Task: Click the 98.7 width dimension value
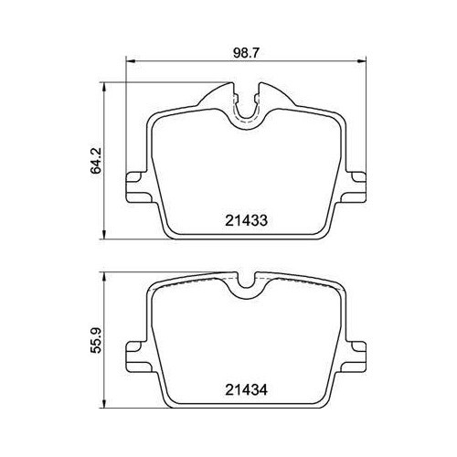pyautogui.click(x=246, y=53)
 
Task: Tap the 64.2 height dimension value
pyautogui.click(x=96, y=162)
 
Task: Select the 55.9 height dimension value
pyautogui.click(x=96, y=341)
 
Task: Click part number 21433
pyautogui.click(x=246, y=220)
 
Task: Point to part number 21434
pyautogui.click(x=246, y=389)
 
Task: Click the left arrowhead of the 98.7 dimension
pyautogui.click(x=130, y=61)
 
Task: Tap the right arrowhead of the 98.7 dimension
pyautogui.click(x=362, y=61)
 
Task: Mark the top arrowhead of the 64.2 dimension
pyautogui.click(x=105, y=87)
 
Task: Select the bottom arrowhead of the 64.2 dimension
pyautogui.click(x=105, y=235)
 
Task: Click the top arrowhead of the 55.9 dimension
pyautogui.click(x=105, y=277)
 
